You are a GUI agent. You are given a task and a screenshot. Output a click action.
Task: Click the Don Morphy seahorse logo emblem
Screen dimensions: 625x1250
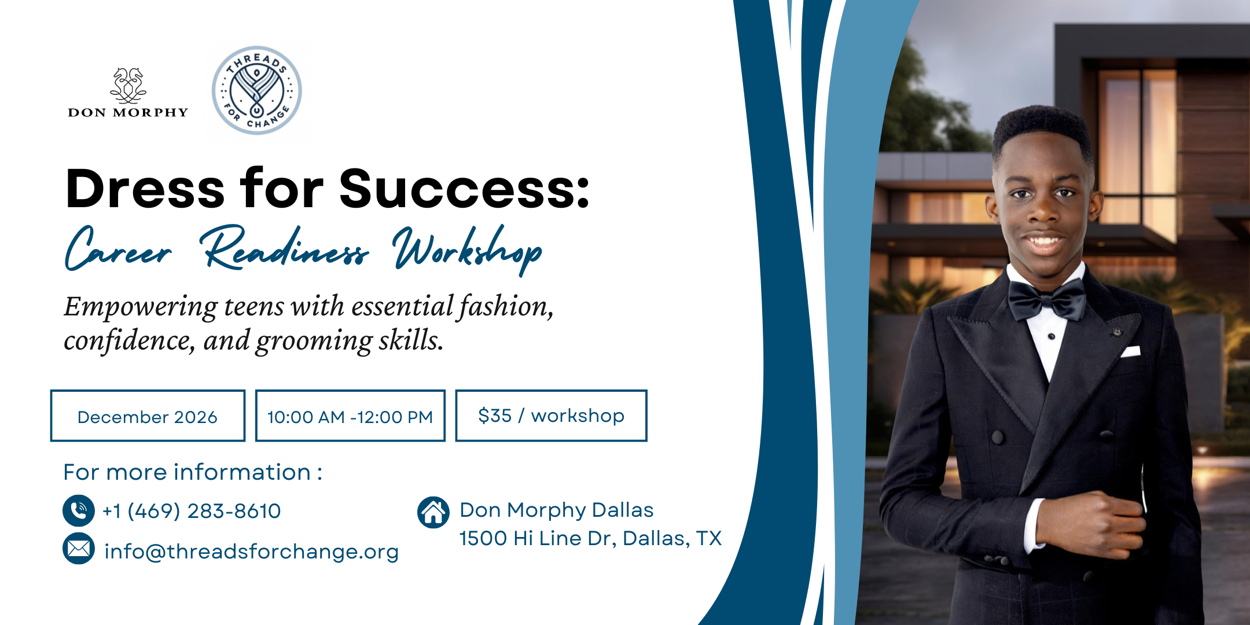[x=128, y=85]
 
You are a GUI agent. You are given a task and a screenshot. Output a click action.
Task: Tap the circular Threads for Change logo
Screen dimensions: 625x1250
[x=256, y=91]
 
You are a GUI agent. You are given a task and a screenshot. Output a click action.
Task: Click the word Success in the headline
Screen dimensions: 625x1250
[x=464, y=189]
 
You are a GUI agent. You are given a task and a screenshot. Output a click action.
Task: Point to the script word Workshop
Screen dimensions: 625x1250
[x=467, y=250]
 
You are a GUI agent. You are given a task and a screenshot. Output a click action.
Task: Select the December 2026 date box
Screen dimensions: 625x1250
[x=148, y=416]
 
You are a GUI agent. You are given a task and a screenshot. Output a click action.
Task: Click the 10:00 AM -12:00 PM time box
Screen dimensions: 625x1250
[x=350, y=416]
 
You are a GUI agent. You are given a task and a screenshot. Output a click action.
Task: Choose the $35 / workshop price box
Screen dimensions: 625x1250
[x=551, y=416]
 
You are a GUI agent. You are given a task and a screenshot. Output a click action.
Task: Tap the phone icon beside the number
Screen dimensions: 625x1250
[x=79, y=510]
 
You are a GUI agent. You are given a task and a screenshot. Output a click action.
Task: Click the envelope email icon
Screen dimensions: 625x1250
[x=79, y=549]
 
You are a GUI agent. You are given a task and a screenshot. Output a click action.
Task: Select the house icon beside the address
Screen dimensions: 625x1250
[x=433, y=512]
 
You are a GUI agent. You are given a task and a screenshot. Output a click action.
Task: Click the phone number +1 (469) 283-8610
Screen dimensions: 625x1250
[x=192, y=511]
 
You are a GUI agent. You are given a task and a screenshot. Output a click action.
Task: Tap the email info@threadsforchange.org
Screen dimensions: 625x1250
[x=251, y=552]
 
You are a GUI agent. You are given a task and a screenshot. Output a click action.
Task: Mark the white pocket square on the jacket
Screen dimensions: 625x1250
[x=1131, y=351]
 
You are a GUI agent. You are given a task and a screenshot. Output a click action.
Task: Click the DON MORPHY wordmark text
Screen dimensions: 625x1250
[x=128, y=112]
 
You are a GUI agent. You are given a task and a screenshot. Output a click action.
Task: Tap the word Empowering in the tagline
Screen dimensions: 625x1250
[x=141, y=307]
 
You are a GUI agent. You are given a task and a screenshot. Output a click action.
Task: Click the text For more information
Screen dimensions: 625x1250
[x=193, y=472]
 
